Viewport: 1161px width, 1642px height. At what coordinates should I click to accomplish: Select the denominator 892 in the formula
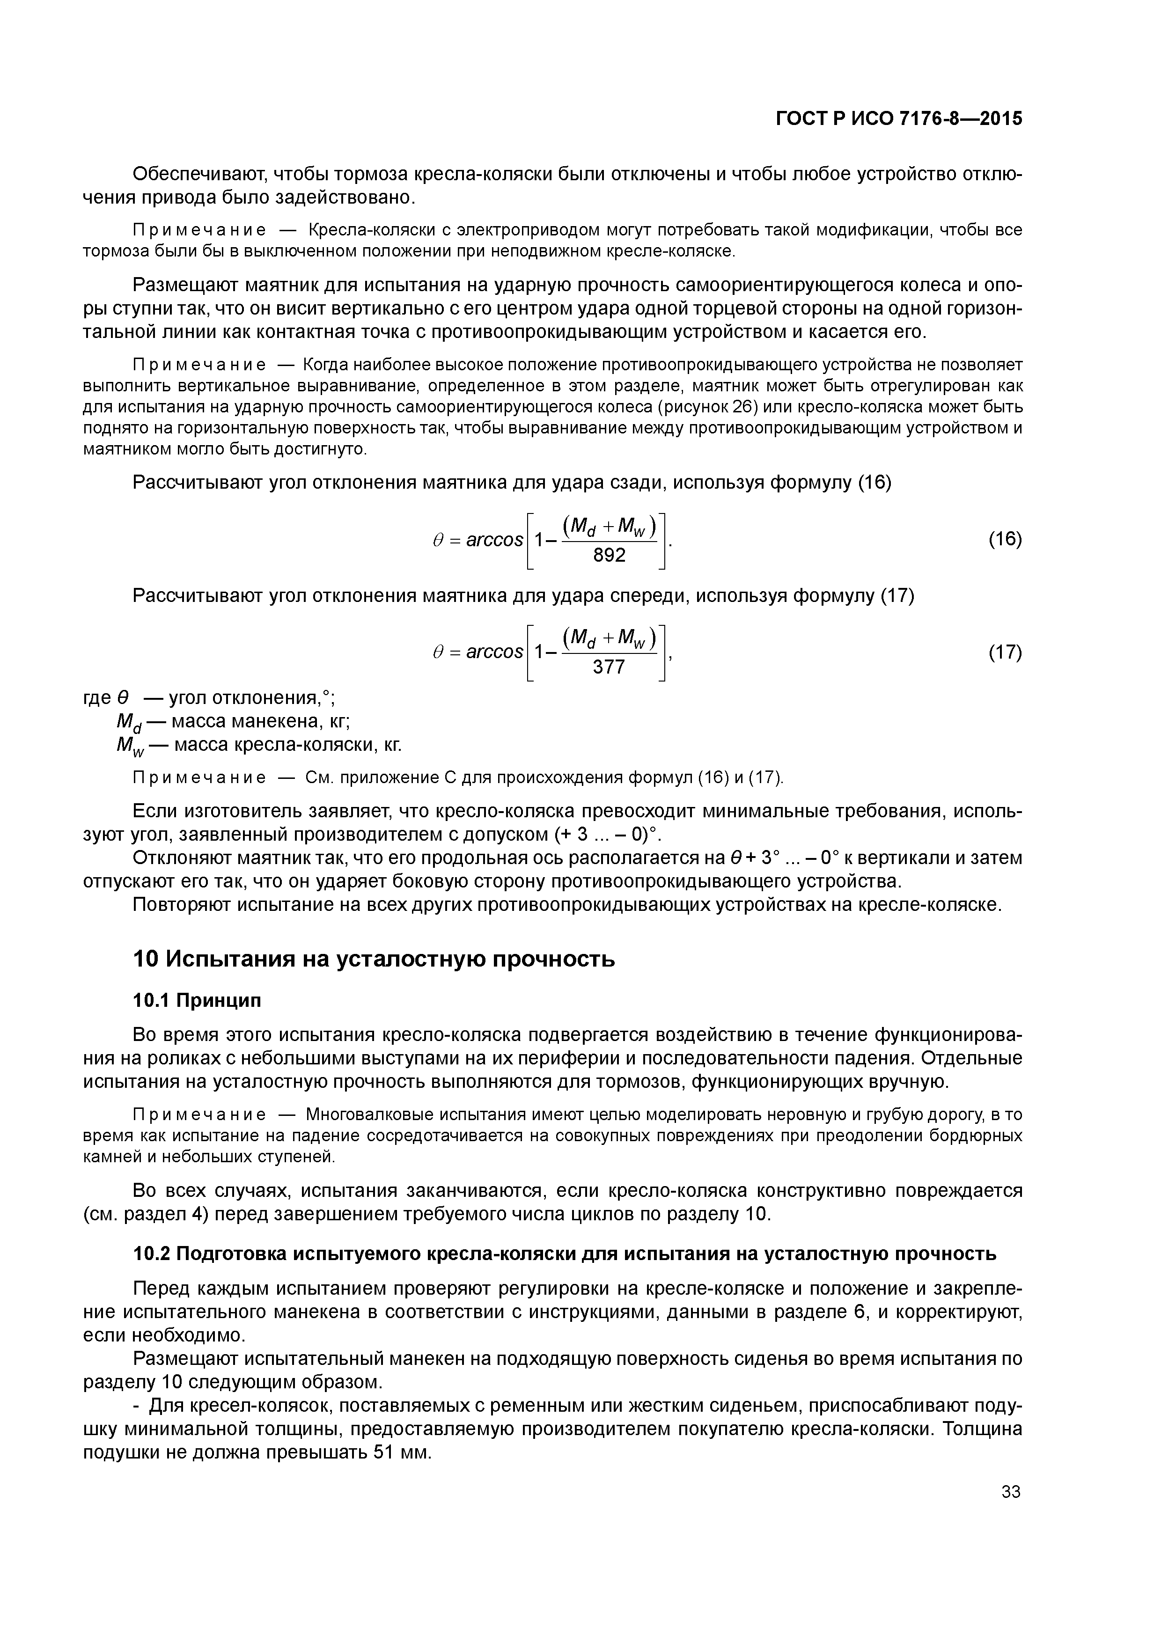click(610, 555)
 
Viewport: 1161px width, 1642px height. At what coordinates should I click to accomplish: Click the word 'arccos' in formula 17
click(494, 652)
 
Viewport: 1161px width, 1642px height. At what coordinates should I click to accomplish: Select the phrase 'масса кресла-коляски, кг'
click(287, 745)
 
